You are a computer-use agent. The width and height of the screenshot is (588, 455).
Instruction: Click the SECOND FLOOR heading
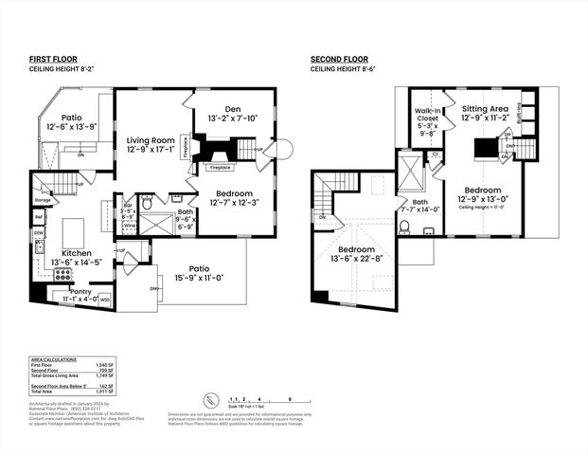pos(339,59)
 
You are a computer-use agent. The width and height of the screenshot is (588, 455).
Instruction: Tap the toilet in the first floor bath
pos(148,201)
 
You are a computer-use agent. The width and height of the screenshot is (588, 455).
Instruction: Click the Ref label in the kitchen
pos(39,216)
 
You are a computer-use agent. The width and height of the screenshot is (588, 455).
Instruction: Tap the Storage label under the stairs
pos(42,200)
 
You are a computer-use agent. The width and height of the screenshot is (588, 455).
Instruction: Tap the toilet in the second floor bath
pos(405,227)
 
